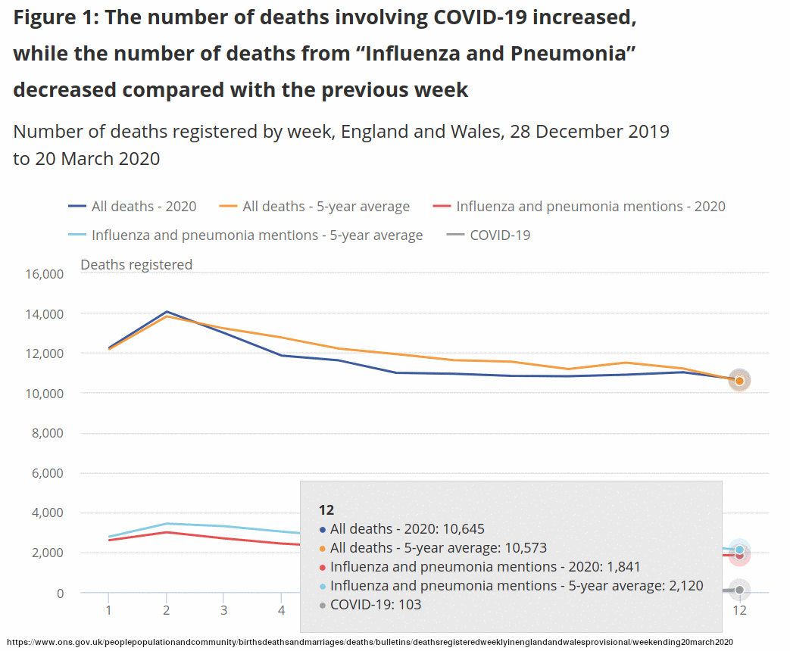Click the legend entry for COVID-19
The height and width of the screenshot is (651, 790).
click(x=500, y=235)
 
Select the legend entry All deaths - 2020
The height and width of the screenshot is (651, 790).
click(x=143, y=206)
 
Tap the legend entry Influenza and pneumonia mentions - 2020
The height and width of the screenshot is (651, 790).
click(x=590, y=206)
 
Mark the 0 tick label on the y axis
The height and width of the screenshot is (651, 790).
click(x=60, y=593)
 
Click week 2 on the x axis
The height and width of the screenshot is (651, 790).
click(x=166, y=609)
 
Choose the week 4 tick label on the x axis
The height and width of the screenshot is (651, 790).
click(x=281, y=609)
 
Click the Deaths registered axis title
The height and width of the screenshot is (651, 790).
click(x=136, y=264)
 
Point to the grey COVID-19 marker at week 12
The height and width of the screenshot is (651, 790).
click(x=739, y=590)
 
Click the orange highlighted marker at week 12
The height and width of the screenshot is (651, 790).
click(x=739, y=381)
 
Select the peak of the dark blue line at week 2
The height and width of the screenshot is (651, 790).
click(x=166, y=312)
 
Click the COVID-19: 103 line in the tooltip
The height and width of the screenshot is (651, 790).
click(x=376, y=604)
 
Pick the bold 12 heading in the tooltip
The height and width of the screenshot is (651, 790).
click(x=326, y=509)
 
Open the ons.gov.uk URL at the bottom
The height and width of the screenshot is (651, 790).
click(x=370, y=642)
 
